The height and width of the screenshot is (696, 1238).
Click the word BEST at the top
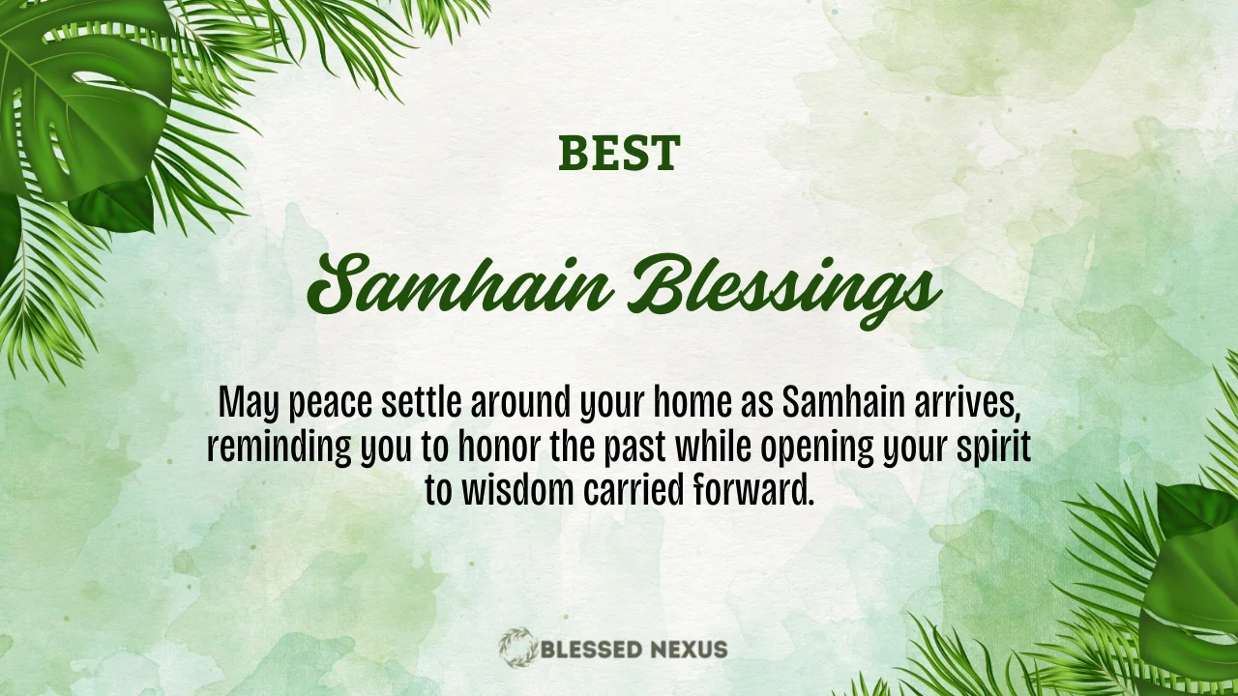(x=619, y=155)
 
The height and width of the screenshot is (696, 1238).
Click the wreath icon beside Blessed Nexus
(x=517, y=648)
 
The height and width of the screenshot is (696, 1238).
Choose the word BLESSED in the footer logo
(x=590, y=649)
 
